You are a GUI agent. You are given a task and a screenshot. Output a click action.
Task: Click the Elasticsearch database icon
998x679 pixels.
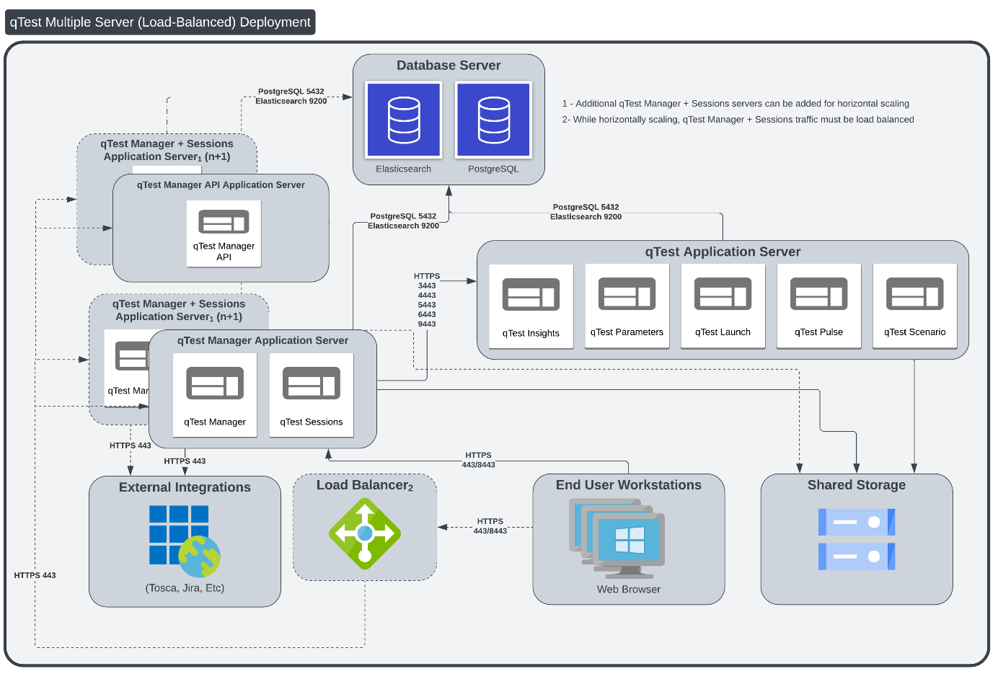(403, 120)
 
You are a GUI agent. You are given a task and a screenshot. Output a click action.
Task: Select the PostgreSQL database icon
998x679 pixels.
(493, 120)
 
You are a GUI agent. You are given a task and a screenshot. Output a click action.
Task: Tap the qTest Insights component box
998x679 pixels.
(531, 306)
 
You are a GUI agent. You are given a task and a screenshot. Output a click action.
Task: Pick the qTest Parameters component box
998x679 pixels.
(627, 306)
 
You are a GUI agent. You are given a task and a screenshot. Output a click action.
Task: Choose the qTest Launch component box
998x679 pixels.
(723, 306)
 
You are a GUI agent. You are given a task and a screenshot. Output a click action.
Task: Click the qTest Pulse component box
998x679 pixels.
(818, 306)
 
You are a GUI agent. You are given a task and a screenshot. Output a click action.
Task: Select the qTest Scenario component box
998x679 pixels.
(914, 306)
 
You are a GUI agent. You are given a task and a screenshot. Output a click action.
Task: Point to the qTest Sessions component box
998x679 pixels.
(312, 395)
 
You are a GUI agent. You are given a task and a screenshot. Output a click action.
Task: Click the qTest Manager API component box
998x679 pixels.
(224, 234)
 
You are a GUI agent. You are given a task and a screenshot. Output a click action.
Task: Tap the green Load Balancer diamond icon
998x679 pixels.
(365, 534)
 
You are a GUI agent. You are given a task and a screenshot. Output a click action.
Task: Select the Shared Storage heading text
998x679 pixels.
(856, 485)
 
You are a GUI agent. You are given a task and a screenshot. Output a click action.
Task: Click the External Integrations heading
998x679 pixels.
(185, 487)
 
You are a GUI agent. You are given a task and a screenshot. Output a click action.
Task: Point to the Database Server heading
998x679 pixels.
(449, 66)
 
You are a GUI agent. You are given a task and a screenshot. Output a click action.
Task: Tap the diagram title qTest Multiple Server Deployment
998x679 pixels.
(160, 22)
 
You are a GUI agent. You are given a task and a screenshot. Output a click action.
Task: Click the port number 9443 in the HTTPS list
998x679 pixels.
(427, 324)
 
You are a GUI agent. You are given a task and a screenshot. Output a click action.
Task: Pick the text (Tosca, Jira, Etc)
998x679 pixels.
(185, 588)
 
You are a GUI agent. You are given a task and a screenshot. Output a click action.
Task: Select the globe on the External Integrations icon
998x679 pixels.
(200, 556)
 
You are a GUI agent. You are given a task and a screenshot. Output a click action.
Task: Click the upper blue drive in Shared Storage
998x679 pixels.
(856, 522)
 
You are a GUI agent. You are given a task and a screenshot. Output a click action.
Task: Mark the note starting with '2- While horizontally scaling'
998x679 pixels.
(738, 120)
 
